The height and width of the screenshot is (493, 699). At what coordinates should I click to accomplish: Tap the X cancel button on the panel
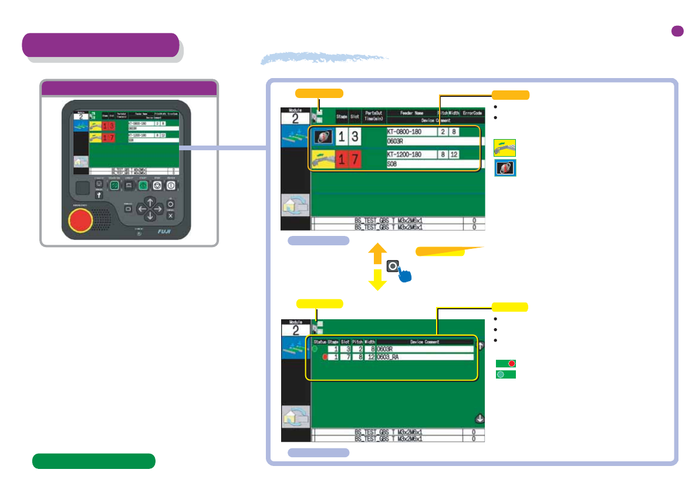170,215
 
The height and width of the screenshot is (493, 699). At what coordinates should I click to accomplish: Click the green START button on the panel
143,185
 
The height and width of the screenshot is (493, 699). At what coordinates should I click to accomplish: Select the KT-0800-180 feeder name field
411,132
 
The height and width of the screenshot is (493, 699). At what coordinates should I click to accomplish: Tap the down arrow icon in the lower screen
479,418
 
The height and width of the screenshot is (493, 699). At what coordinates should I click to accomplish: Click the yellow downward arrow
377,282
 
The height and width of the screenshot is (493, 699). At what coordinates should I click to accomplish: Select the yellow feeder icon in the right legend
505,147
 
